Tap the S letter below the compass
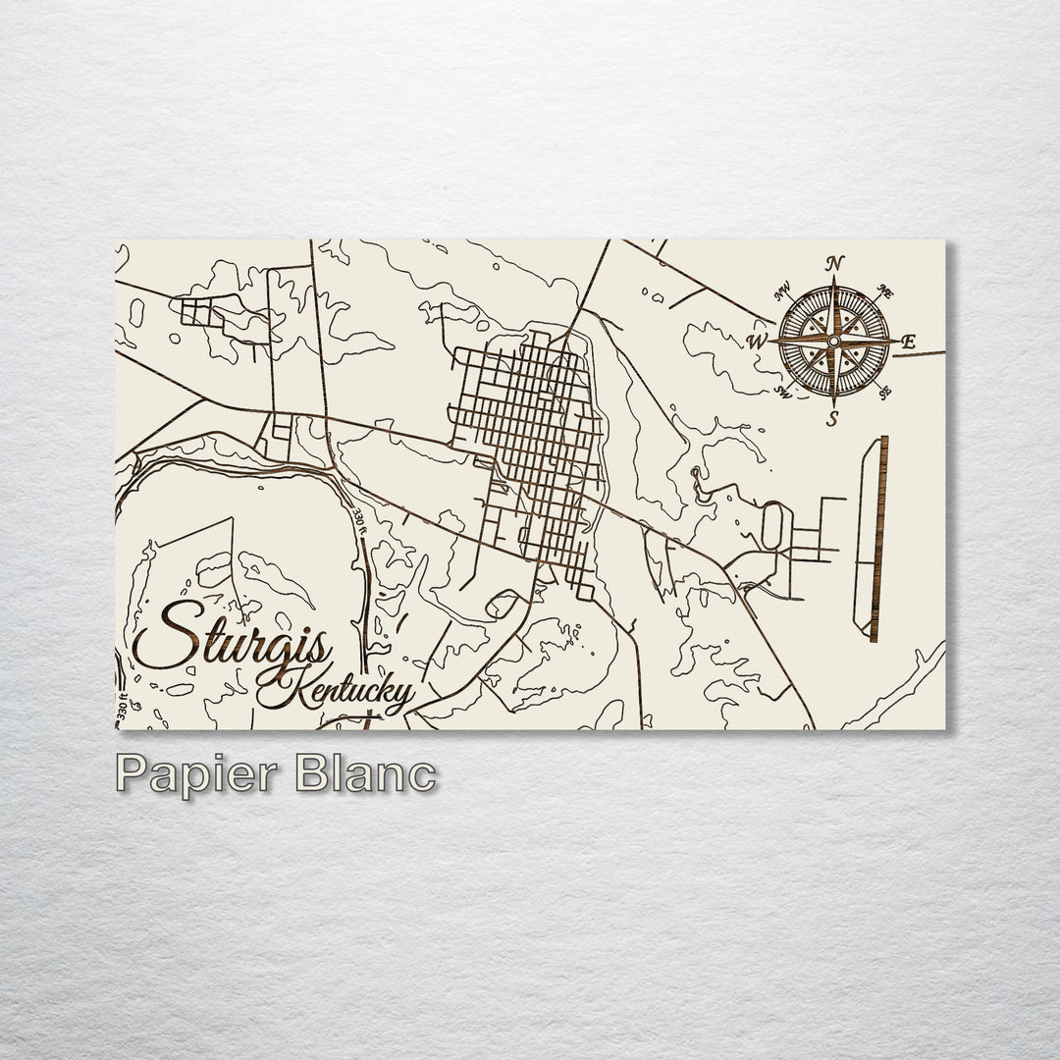click(x=832, y=419)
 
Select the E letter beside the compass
click(x=908, y=343)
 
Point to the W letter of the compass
click(x=757, y=342)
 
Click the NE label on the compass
click(x=883, y=291)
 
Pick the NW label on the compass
click(x=783, y=291)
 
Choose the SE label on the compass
click(x=884, y=393)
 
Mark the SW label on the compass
click(x=783, y=393)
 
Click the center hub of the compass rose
click(x=833, y=341)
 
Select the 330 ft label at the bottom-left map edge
click(x=123, y=711)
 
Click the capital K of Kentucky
click(x=273, y=687)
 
